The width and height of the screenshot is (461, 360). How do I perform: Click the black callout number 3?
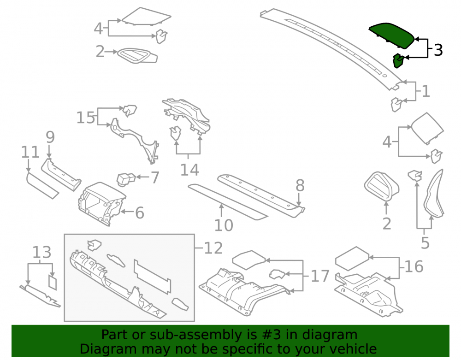tap(438, 50)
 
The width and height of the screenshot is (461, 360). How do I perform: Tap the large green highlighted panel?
tap(391, 35)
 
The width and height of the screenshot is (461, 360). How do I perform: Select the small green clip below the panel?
tap(399, 60)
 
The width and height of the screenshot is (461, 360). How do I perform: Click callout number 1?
tap(426, 91)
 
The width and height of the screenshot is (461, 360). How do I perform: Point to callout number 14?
tap(189, 170)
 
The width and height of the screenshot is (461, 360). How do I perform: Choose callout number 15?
tap(86, 118)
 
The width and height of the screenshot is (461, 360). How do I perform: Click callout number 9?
tap(50, 137)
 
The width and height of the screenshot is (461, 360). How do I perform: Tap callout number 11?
tap(30, 152)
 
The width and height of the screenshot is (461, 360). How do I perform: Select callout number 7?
tap(155, 177)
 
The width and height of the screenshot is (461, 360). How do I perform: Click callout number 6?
tap(140, 213)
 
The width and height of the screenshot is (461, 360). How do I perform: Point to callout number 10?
tap(224, 225)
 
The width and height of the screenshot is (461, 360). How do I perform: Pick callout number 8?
tap(300, 185)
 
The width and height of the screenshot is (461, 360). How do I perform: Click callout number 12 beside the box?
tap(213, 248)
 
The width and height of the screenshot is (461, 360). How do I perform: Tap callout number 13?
tap(41, 252)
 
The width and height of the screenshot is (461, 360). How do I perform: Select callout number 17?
tap(320, 276)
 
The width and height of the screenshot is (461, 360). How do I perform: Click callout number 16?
tap(414, 266)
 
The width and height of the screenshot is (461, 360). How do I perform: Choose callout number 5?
tap(425, 243)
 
